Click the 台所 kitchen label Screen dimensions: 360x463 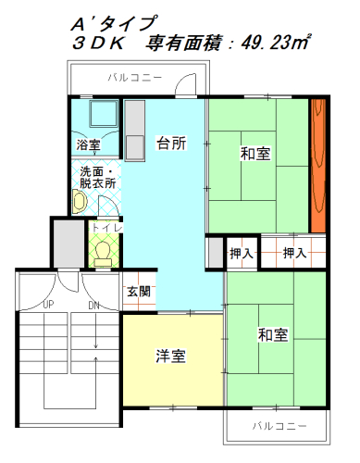click(171, 144)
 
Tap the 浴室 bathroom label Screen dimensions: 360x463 click(88, 144)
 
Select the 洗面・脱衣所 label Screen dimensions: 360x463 click(97, 178)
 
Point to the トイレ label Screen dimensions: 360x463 click(107, 228)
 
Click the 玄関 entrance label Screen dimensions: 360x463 click(139, 291)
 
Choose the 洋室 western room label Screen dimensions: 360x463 click(170, 356)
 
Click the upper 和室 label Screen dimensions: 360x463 click(255, 154)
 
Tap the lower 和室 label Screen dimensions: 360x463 click(273, 334)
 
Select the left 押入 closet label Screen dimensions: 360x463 click(242, 254)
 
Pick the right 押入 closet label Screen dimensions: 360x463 click(294, 253)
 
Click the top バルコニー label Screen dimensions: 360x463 click(135, 78)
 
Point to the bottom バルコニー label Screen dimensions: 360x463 click(279, 426)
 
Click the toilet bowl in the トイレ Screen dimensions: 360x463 click(103, 254)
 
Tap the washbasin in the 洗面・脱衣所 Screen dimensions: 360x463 click(80, 201)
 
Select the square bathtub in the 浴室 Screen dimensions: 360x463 click(104, 113)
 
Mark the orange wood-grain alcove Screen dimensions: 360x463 click(318, 166)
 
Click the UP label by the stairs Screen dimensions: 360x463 click(48, 305)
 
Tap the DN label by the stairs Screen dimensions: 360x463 click(93, 306)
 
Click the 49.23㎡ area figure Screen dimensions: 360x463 click(275, 42)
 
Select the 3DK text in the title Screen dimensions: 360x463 click(98, 43)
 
